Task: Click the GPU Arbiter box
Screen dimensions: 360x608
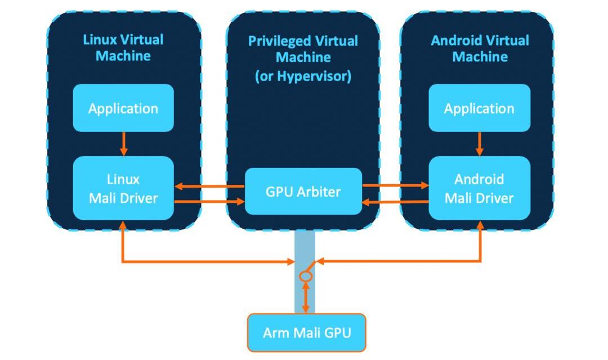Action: pyautogui.click(x=303, y=192)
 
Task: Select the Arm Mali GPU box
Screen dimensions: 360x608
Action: pyautogui.click(x=307, y=332)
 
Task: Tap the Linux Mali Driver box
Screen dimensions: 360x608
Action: pyautogui.click(x=123, y=188)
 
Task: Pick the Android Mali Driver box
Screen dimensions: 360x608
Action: pyautogui.click(x=479, y=188)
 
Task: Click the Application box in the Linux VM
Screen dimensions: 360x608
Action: pyautogui.click(x=123, y=108)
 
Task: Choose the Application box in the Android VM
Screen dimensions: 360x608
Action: pyautogui.click(x=479, y=108)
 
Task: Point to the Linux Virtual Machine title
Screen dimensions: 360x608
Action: pyautogui.click(x=123, y=48)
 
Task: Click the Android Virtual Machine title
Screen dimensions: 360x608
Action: pyautogui.click(x=480, y=48)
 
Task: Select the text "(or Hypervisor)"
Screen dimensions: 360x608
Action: pyautogui.click(x=303, y=76)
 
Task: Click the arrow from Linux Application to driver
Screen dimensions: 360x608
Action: pyautogui.click(x=124, y=144)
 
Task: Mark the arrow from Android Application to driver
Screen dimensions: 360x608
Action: pyautogui.click(x=480, y=144)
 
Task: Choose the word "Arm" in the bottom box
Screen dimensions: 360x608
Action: pyautogui.click(x=274, y=332)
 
